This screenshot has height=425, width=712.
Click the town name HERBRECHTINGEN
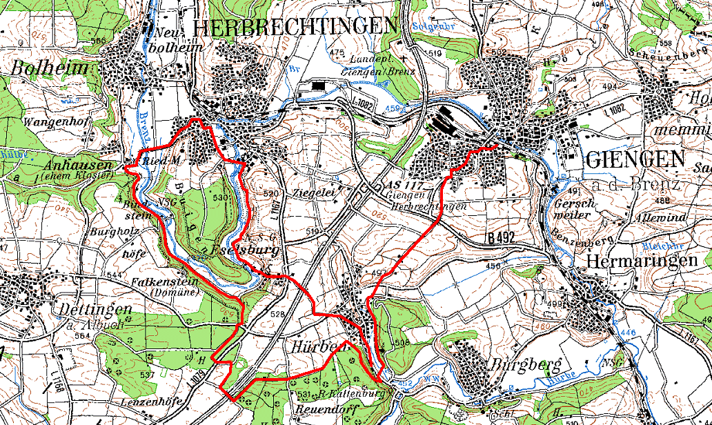(297, 26)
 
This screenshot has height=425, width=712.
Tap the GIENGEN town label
(635, 159)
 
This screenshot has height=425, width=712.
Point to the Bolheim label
(50, 68)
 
